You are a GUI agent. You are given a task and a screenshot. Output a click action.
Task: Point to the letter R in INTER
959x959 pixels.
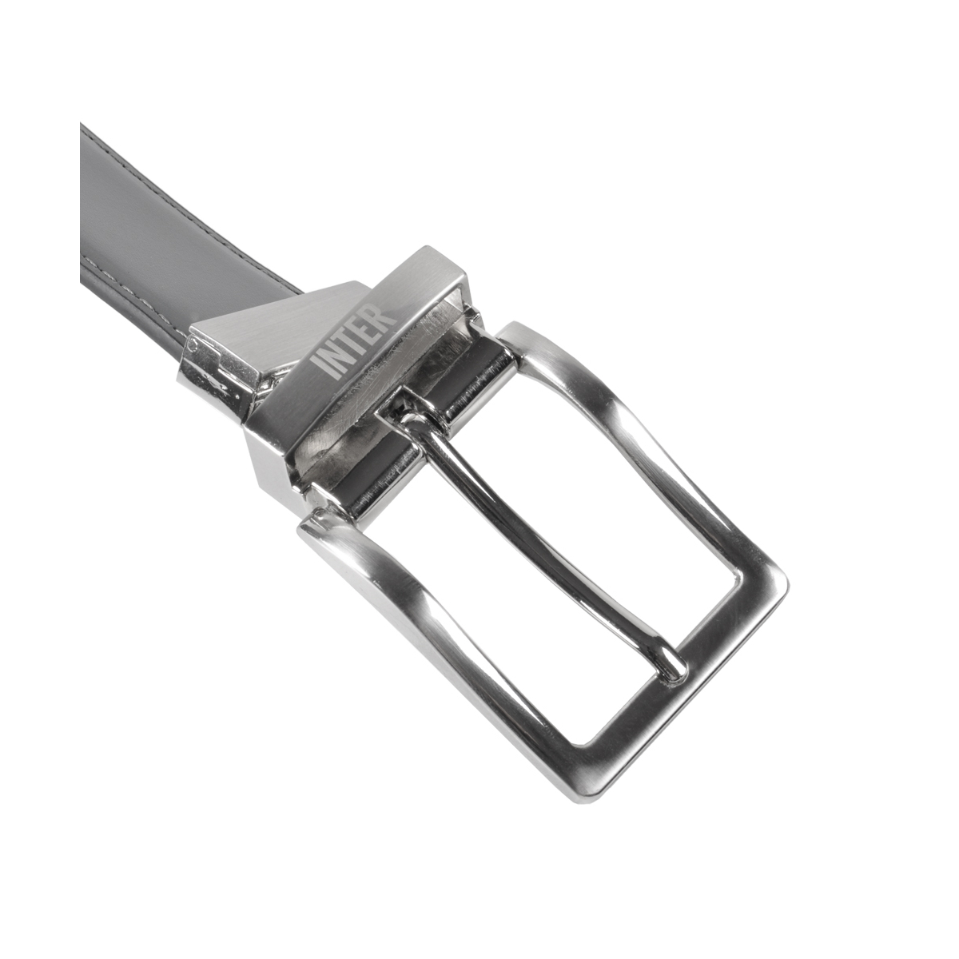pyautogui.click(x=386, y=316)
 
